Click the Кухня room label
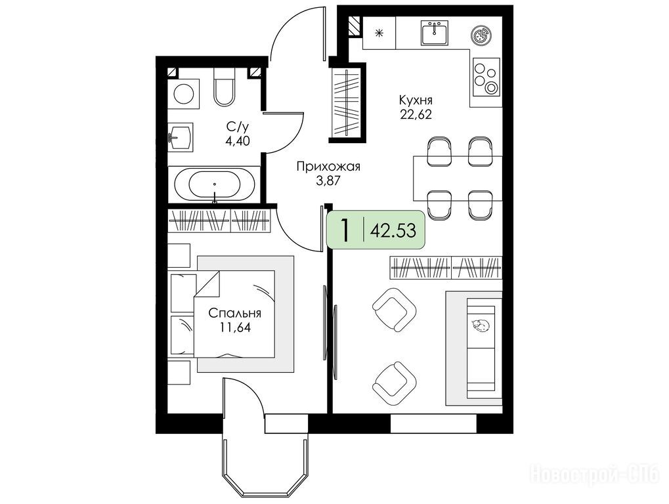tap(416, 100)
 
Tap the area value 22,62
tap(416, 114)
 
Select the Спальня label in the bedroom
tap(234, 314)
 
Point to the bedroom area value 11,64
tap(234, 327)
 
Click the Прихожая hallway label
tap(328, 166)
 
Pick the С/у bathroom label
tap(237, 126)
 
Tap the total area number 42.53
tap(393, 231)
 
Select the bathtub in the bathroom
tap(214, 184)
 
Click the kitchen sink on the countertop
tap(435, 32)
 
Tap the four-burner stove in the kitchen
tap(486, 77)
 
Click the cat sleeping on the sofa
tap(481, 325)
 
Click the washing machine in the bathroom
tap(183, 93)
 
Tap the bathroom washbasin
tap(180, 136)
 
